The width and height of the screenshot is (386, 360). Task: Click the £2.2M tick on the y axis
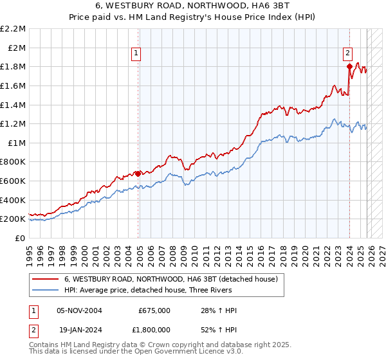click(13, 29)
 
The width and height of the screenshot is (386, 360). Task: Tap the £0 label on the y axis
click(21, 238)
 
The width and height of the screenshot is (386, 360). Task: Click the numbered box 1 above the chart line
click(138, 54)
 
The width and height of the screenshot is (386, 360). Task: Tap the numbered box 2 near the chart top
click(347, 54)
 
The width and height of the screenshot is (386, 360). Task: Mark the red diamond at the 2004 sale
click(138, 173)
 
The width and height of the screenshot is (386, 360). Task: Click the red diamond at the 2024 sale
click(349, 66)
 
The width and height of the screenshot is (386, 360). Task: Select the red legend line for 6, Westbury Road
click(46, 280)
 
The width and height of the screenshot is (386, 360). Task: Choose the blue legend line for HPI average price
click(46, 290)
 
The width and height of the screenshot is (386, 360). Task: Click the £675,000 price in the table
click(154, 310)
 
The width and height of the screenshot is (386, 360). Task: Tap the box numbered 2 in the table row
click(33, 328)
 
